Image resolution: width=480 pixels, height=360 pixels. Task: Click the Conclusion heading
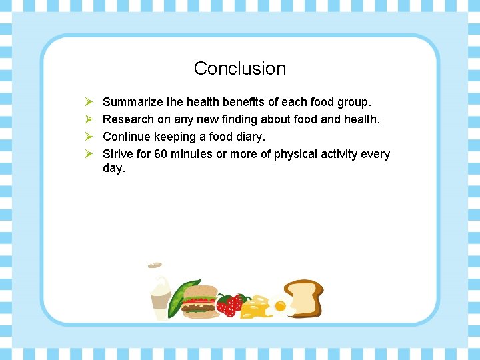coord(239,69)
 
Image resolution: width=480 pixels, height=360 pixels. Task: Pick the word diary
coord(250,137)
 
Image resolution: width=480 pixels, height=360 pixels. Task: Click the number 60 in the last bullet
coord(161,155)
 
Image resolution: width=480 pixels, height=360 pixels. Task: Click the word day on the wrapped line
coord(113,169)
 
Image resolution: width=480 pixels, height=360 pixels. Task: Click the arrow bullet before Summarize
coord(88,103)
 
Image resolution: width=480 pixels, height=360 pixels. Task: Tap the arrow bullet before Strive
coord(88,155)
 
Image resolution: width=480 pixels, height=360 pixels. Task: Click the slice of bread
coord(304,297)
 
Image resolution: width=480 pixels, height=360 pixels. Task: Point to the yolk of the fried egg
coord(280,307)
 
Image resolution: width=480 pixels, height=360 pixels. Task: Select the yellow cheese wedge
coord(255,308)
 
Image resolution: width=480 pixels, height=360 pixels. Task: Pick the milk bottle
coord(161,297)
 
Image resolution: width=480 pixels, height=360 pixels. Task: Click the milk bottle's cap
coord(155,265)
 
